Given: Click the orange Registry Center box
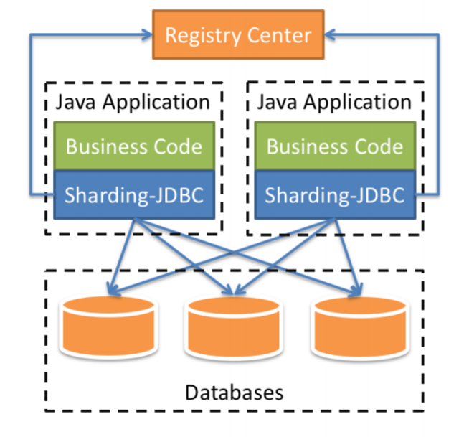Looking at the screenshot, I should tap(237, 34).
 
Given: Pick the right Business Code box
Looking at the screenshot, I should tap(335, 146).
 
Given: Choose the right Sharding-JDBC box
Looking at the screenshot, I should tap(335, 194).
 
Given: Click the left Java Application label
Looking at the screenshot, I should tap(133, 101).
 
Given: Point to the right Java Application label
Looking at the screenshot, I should tap(335, 101).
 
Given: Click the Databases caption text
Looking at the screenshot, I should tap(234, 393).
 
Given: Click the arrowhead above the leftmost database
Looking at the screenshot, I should tap(110, 291).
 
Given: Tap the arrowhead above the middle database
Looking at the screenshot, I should tap(232, 291).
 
